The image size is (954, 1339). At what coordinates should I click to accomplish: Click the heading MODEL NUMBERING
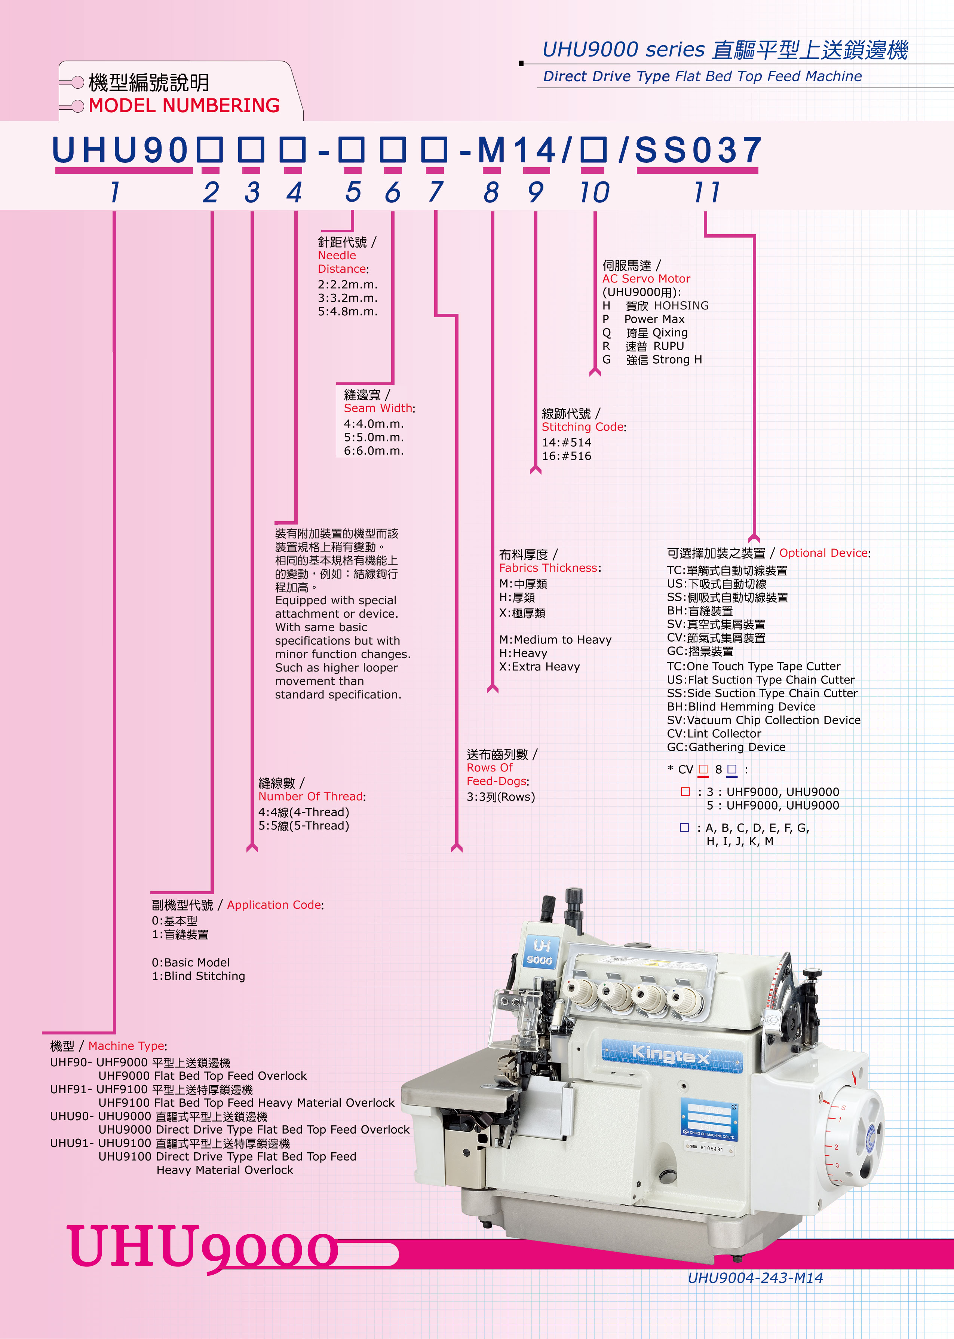pos(184,106)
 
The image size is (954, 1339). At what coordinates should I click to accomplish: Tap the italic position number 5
pos(353,192)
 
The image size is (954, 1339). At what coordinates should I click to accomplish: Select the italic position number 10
pos(595,192)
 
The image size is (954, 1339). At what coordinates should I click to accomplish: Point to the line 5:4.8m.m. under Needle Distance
pos(348,311)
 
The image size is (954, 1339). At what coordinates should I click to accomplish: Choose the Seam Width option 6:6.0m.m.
pos(374,451)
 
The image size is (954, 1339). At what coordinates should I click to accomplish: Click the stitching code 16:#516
pos(566,456)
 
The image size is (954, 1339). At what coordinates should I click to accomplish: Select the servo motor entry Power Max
pos(654,319)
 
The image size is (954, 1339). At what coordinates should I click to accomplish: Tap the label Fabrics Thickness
pos(549,568)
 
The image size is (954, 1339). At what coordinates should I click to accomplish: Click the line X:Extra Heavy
pos(539,666)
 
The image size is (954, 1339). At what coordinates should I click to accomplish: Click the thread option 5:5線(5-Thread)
pos(304,825)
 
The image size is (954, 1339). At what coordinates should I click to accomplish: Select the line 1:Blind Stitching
pos(199,976)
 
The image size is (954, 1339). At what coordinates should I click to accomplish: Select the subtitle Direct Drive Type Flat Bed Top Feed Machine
pos(702,76)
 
